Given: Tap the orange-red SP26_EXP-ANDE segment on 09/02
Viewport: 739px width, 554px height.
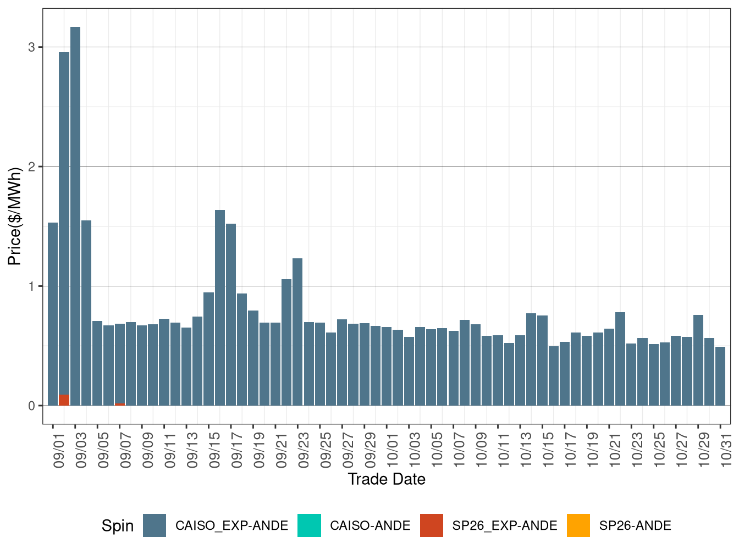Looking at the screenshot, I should point(64,400).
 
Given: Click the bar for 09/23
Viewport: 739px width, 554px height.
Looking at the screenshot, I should point(297,332).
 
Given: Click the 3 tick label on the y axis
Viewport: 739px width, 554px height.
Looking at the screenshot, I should point(32,47).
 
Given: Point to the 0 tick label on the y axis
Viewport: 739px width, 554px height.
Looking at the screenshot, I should point(32,406).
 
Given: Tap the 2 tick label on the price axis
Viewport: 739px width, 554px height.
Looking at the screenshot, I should point(32,167).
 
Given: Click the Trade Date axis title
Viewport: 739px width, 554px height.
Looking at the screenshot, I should point(387,479).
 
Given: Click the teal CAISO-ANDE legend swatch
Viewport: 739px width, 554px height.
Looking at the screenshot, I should point(309,525).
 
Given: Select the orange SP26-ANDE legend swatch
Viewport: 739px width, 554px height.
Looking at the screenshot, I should point(578,525).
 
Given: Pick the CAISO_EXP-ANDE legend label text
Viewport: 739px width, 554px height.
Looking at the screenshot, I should point(231,526).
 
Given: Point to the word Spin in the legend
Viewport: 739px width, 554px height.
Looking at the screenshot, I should point(118,526).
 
